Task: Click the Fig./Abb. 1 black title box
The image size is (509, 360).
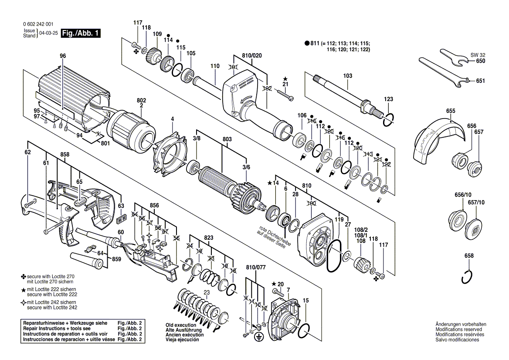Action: click(x=81, y=33)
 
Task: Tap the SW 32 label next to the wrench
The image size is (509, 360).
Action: click(x=477, y=55)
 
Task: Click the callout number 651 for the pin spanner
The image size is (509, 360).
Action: click(x=480, y=81)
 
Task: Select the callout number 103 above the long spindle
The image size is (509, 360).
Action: click(x=347, y=76)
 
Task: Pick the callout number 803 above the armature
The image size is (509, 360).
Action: click(x=227, y=139)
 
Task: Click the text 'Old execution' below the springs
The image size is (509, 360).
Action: click(x=181, y=325)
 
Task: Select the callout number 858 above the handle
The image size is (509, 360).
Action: click(x=65, y=154)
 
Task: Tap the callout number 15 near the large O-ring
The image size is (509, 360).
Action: click(x=305, y=300)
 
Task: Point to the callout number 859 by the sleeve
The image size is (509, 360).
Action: click(x=117, y=259)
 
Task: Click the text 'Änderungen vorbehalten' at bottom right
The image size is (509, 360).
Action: click(x=461, y=325)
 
